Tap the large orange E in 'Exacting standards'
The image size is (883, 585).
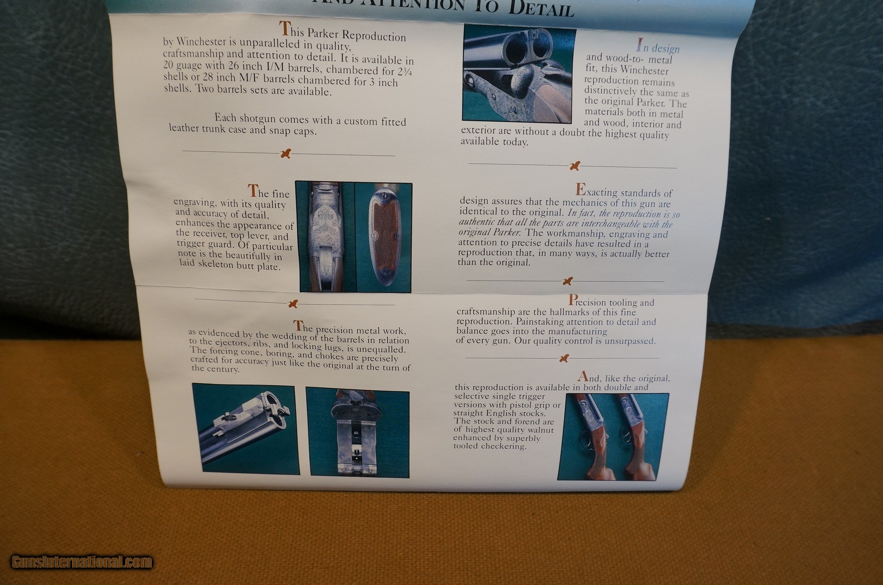tap(580, 190)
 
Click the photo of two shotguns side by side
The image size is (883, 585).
tap(613, 437)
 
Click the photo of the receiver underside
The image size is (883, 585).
tap(357, 433)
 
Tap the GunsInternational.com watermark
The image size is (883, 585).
tap(82, 562)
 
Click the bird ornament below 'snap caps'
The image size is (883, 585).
tap(286, 153)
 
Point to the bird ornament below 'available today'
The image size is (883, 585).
tap(575, 166)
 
